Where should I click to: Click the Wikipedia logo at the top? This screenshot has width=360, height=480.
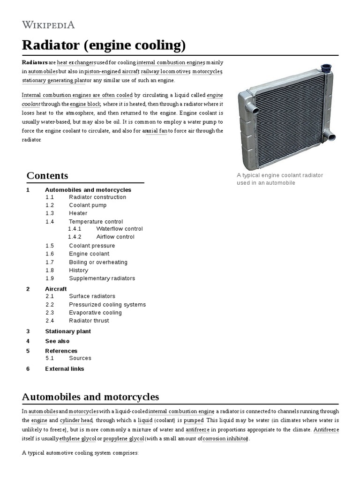point(48,25)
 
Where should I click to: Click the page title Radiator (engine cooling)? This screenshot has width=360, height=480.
point(104,45)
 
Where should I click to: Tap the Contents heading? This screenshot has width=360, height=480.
point(47,176)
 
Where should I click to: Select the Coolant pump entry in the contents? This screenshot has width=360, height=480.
point(88,205)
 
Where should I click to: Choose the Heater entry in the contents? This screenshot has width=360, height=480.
point(78,213)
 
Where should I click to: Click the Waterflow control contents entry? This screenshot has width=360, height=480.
point(119,229)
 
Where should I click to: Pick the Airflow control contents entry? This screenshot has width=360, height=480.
point(115,237)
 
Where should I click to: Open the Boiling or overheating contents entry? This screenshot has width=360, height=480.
point(98,262)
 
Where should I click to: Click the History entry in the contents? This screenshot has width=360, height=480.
point(78,270)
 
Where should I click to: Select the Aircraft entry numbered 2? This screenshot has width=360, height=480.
point(56,289)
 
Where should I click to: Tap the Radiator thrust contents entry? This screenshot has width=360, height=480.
point(89,321)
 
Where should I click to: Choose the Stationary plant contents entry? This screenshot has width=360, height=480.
point(68,331)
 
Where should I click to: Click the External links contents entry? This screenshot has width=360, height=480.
point(64,368)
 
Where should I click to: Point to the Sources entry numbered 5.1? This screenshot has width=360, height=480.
point(80,358)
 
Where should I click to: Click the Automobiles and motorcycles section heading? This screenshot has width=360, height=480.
point(90,397)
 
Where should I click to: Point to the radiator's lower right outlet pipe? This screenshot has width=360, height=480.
point(331,137)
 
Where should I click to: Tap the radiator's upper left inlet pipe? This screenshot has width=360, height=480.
point(248,111)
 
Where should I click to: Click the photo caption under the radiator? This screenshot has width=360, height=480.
point(280,179)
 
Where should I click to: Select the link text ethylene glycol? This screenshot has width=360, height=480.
point(78,439)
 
